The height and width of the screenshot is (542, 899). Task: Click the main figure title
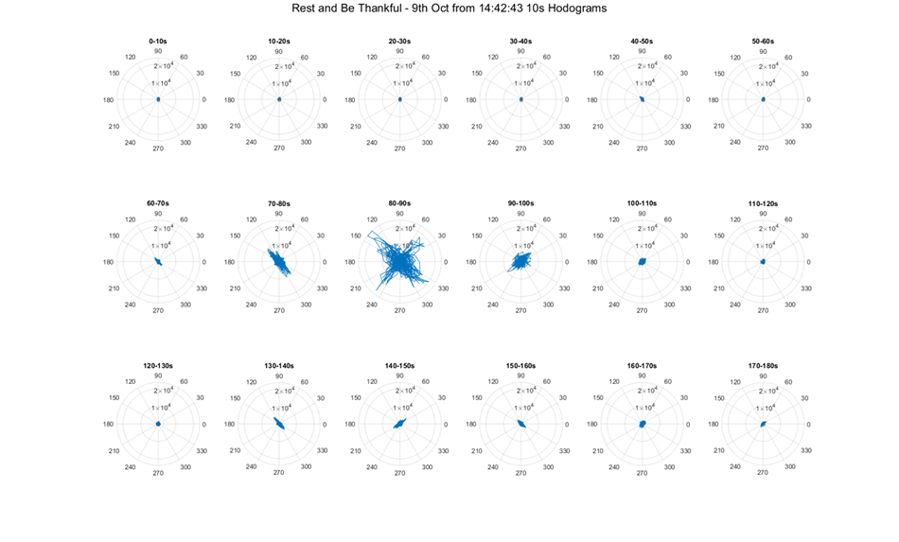tap(449, 9)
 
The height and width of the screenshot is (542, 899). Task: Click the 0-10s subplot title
tap(158, 42)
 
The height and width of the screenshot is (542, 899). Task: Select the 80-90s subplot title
tap(400, 203)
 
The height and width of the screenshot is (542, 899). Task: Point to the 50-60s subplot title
tap(763, 42)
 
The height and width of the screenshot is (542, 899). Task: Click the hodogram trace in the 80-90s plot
tap(400, 260)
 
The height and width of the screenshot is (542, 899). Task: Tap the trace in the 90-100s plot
tap(520, 259)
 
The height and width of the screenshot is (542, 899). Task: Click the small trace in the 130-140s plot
tap(279, 424)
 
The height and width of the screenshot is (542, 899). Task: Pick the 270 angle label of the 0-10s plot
tap(158, 149)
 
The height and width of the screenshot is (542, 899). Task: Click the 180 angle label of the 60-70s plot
tap(108, 262)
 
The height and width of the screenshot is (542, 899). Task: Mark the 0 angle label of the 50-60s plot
tap(809, 99)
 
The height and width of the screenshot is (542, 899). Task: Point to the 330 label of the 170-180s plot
tap(805, 449)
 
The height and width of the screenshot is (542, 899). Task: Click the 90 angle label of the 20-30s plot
tap(400, 50)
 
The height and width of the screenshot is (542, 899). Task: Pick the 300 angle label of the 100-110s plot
tap(669, 305)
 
